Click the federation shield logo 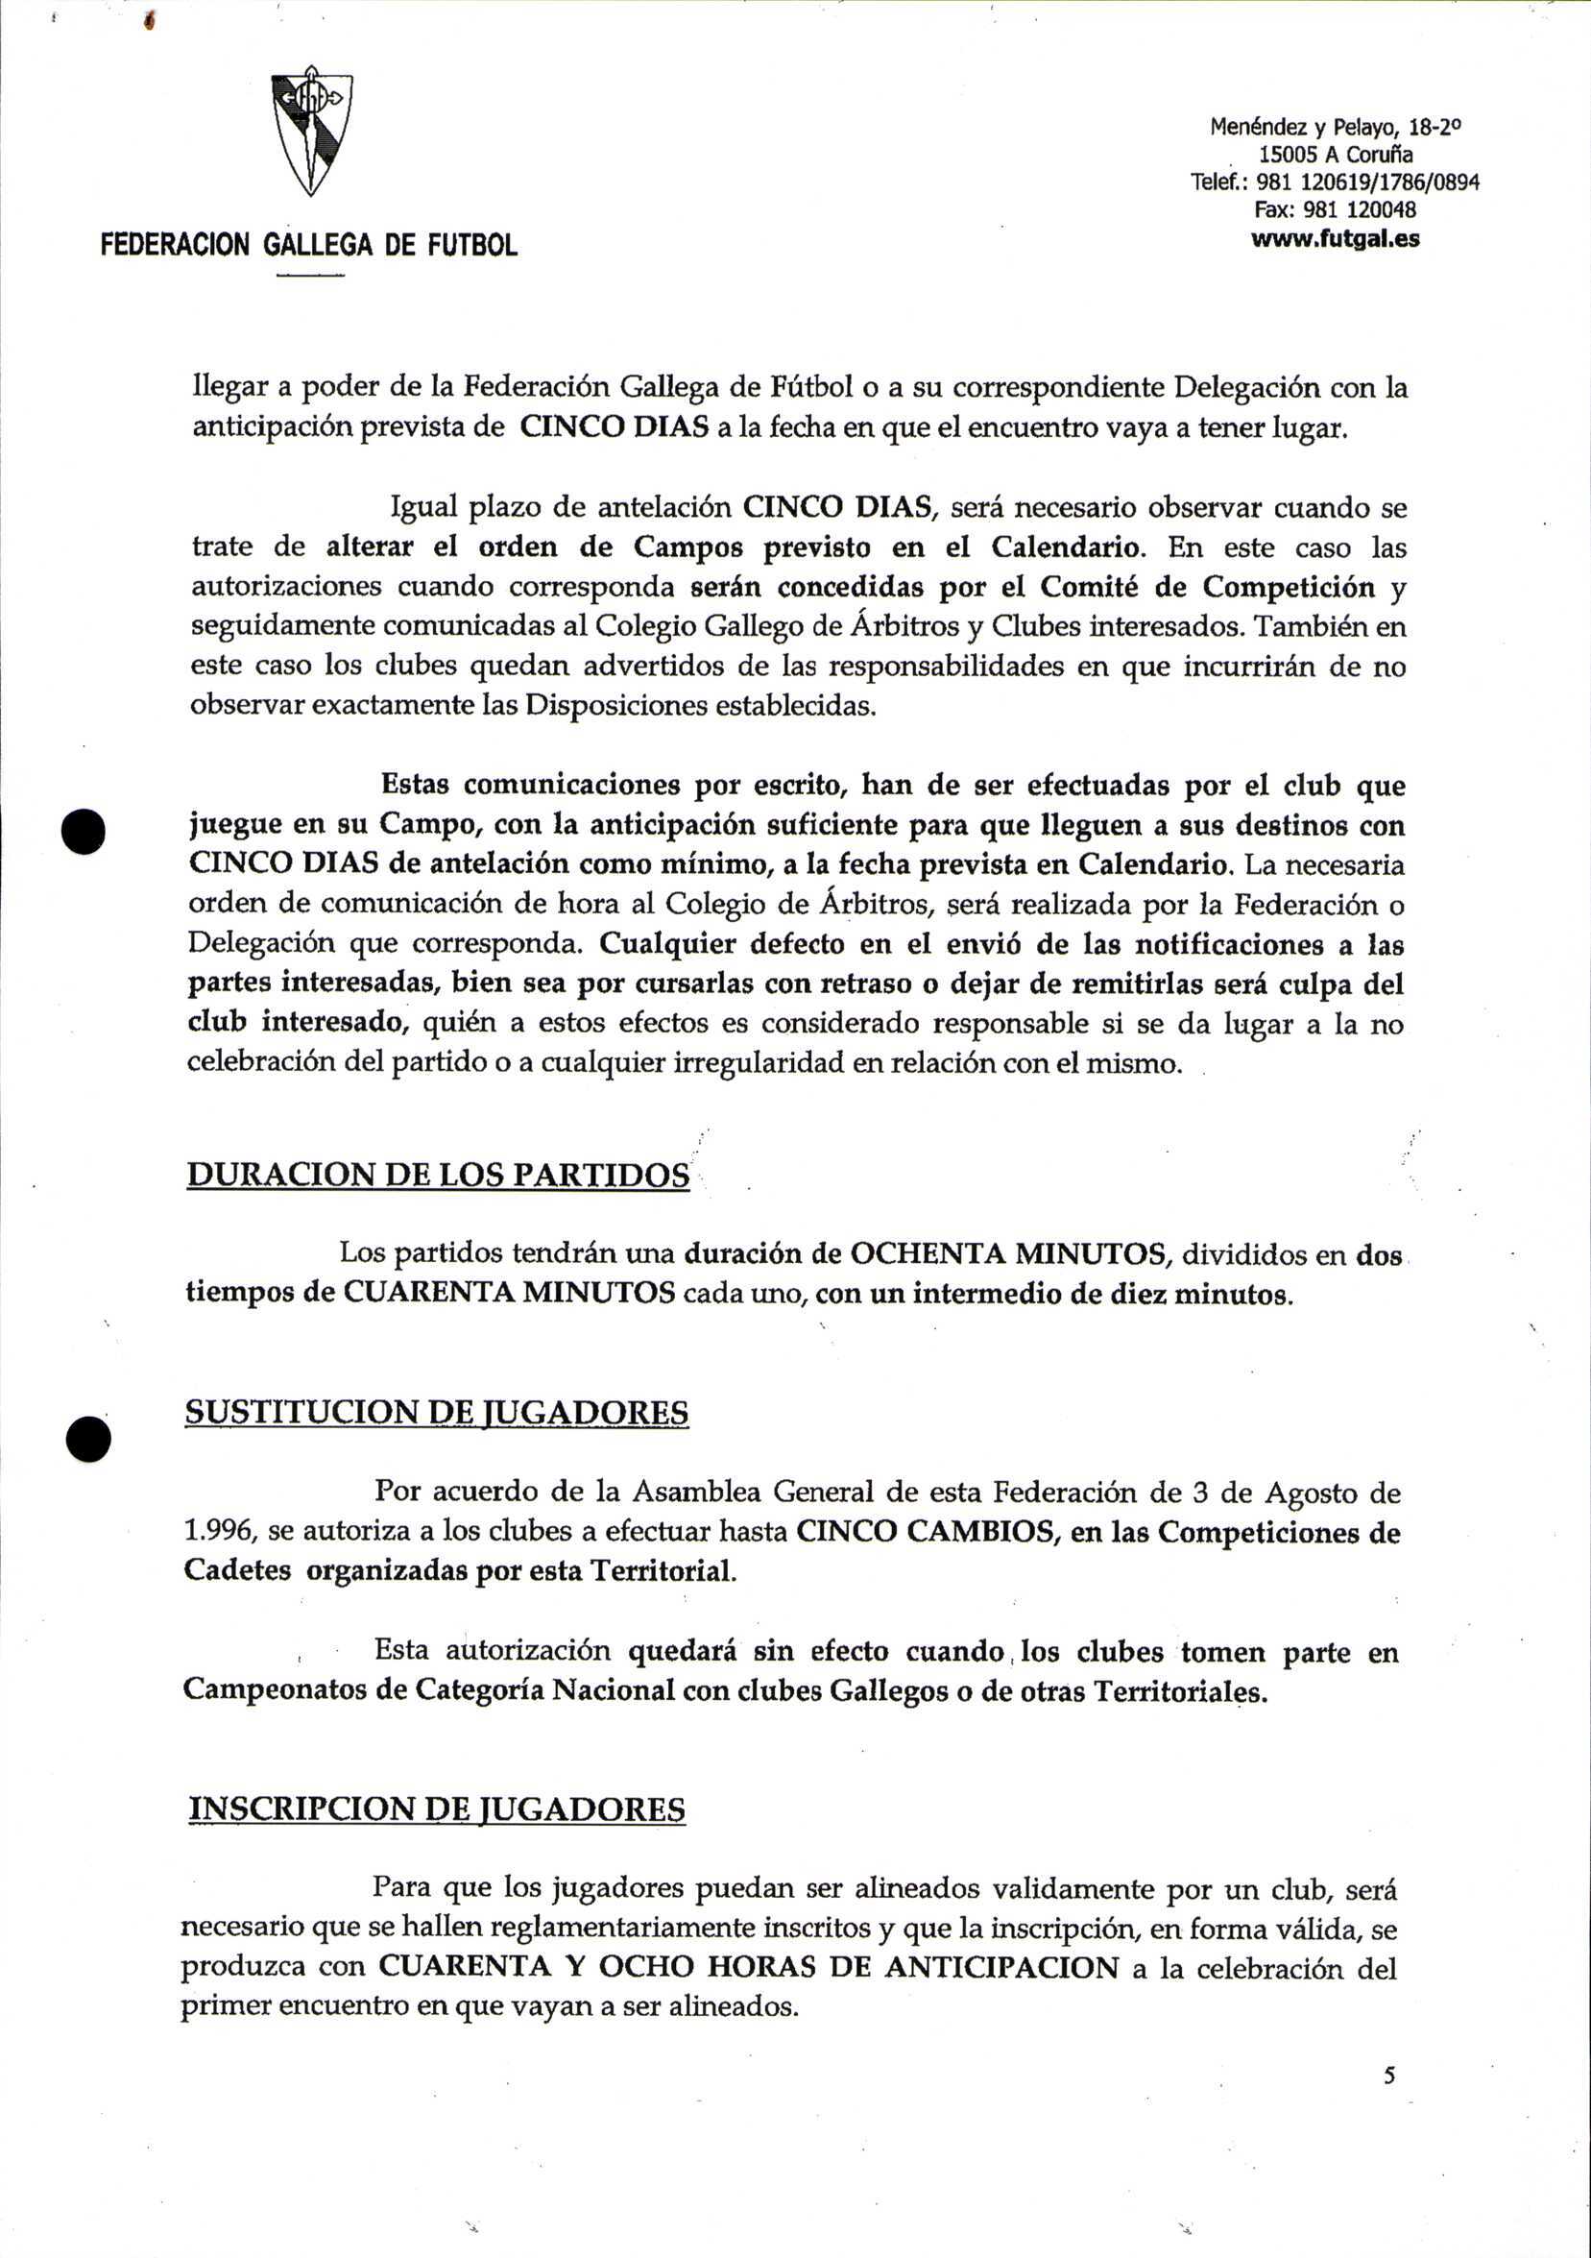(x=312, y=133)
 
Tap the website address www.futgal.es (x=1336, y=239)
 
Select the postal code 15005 (x=1289, y=155)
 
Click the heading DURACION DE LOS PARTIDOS (x=438, y=1176)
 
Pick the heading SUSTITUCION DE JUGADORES (x=437, y=1412)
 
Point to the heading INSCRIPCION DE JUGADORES (x=437, y=1809)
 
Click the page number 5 (x=1388, y=2076)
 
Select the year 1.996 (x=219, y=1531)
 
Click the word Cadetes (x=237, y=1569)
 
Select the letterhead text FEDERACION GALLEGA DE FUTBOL (x=309, y=244)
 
